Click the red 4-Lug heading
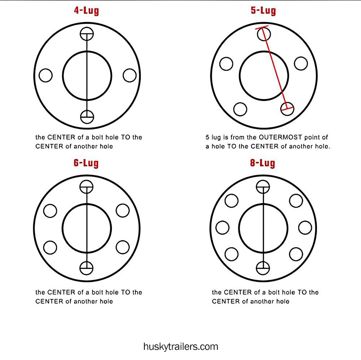click(x=86, y=10)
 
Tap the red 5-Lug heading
click(x=263, y=10)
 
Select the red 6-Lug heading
click(x=86, y=163)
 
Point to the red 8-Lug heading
click(x=262, y=163)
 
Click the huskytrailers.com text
click(x=180, y=347)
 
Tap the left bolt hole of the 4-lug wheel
click(x=46, y=76)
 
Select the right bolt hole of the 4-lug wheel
click(x=130, y=76)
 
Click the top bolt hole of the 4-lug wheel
click(x=87, y=34)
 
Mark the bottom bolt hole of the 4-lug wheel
click(x=87, y=117)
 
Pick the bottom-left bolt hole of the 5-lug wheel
click(x=240, y=109)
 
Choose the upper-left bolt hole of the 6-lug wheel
click(x=50, y=210)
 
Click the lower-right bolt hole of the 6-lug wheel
click(x=123, y=247)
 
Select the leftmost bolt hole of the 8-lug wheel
click(x=222, y=228)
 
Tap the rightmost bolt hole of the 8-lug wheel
click(x=305, y=228)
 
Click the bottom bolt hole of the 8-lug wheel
click(x=263, y=268)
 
